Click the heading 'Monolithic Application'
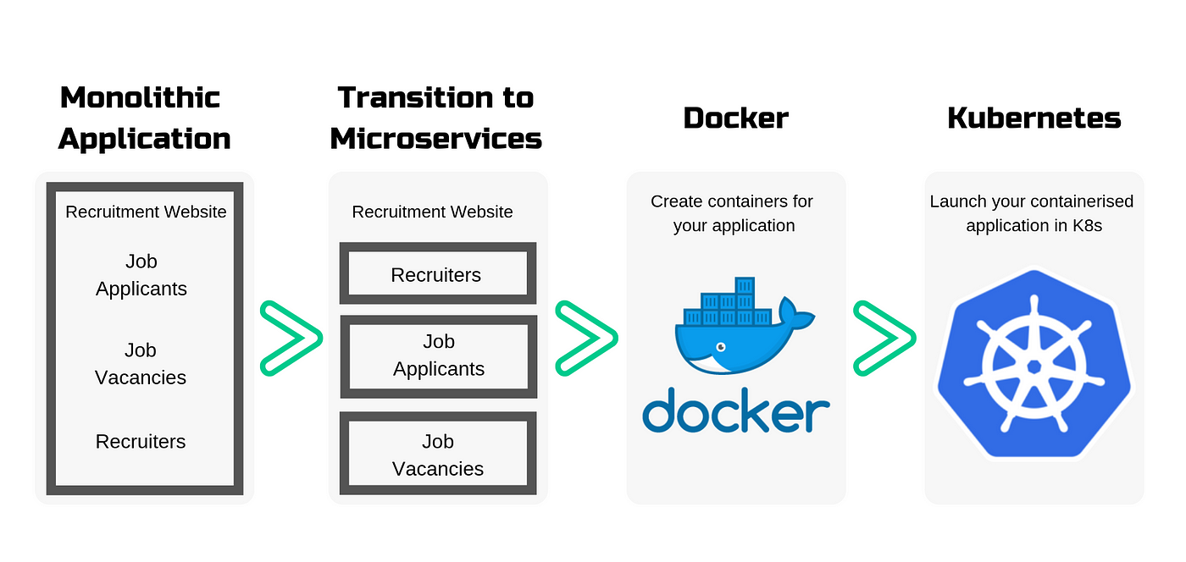pyautogui.click(x=144, y=118)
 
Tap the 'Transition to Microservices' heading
pyautogui.click(x=435, y=118)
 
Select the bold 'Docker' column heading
pyautogui.click(x=736, y=118)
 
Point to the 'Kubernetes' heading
pyautogui.click(x=1034, y=118)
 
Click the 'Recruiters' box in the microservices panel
pyautogui.click(x=438, y=273)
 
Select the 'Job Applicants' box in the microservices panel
pyautogui.click(x=439, y=356)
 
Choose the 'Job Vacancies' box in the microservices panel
pyautogui.click(x=438, y=454)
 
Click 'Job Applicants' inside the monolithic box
pyautogui.click(x=141, y=274)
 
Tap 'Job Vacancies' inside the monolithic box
pyautogui.click(x=141, y=364)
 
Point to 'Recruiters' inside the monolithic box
pyautogui.click(x=141, y=441)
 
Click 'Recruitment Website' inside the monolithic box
pyautogui.click(x=146, y=212)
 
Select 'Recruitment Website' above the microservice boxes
pyautogui.click(x=432, y=212)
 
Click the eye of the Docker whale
pyautogui.click(x=721, y=347)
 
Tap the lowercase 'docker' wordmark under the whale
pyautogui.click(x=736, y=410)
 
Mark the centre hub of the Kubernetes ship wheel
pyautogui.click(x=1034, y=366)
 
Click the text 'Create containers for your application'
pyautogui.click(x=733, y=213)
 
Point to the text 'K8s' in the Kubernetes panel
pyautogui.click(x=1087, y=225)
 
